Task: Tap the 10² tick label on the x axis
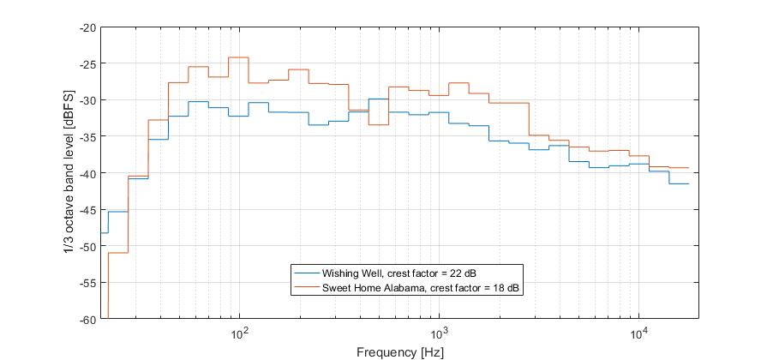[x=239, y=332]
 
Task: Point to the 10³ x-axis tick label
[x=439, y=332]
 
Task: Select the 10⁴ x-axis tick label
[x=638, y=332]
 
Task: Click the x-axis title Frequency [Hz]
[x=400, y=351]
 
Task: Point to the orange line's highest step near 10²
[x=238, y=57]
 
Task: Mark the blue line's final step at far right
[x=679, y=183]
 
